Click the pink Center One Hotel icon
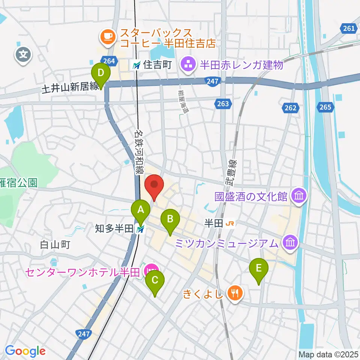[151, 269]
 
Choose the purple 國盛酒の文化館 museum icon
[300, 196]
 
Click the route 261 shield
[348, 28]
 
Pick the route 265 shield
[325, 108]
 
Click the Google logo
[25, 351]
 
